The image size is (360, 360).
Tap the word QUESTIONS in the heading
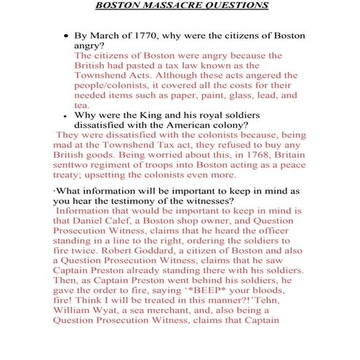coord(236,6)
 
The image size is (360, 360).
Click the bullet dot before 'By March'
coord(67,35)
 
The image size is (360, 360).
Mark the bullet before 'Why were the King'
coord(67,115)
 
